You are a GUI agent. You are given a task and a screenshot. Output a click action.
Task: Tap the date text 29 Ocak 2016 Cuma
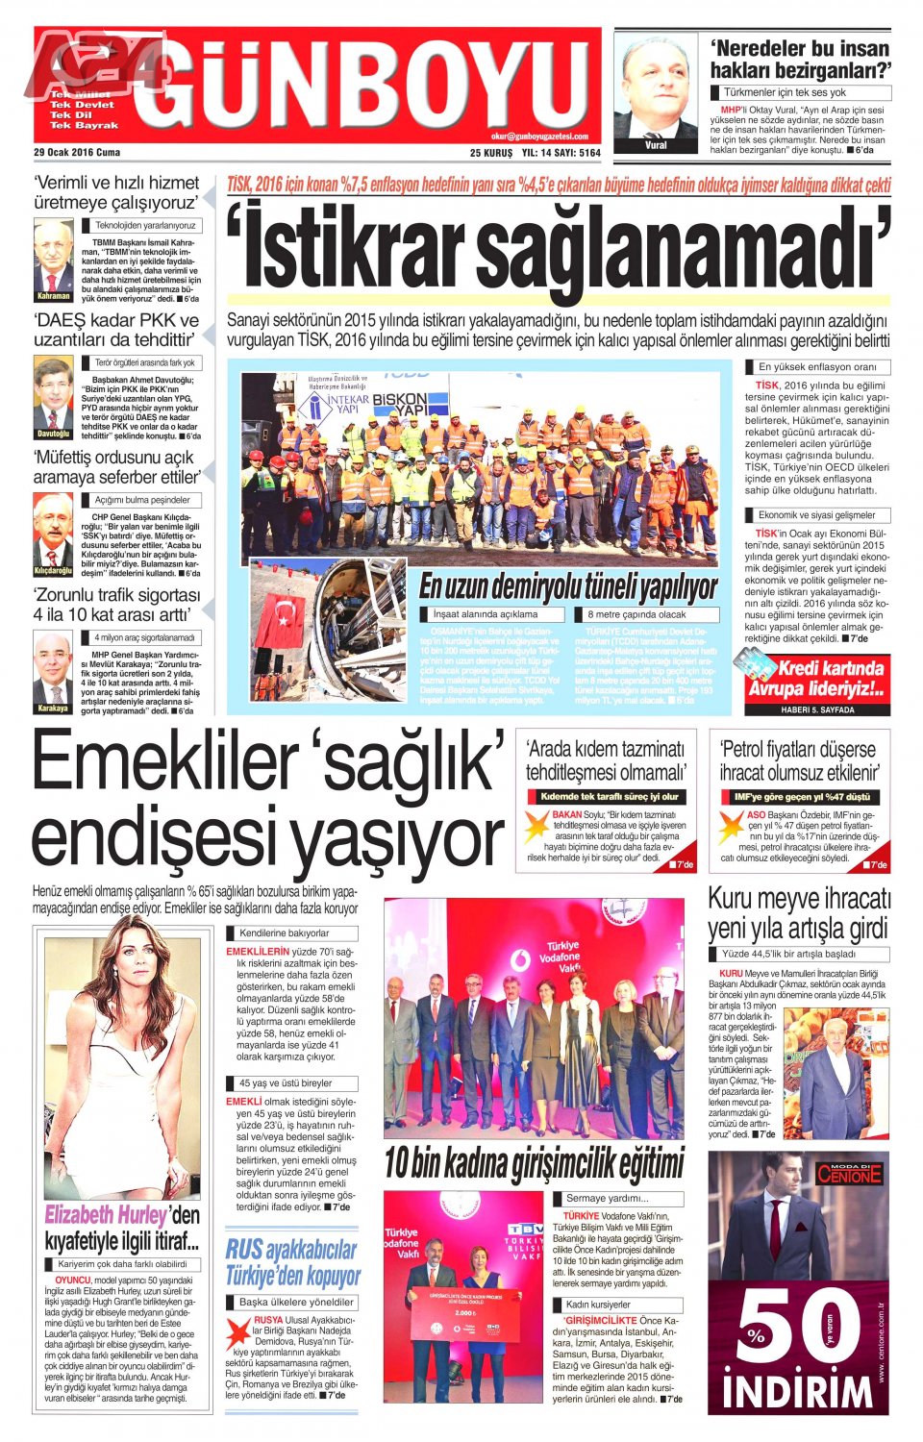[x=77, y=152]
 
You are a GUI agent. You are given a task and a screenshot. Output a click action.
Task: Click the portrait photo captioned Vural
[x=656, y=92]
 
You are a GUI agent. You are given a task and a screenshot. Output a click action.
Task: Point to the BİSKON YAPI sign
[x=399, y=405]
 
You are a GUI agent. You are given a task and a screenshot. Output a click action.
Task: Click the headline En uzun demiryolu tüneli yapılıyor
[x=568, y=586]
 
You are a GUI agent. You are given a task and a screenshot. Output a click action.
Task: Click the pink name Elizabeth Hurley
[x=106, y=1215]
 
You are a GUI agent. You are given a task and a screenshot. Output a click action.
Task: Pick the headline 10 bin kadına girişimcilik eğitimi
[x=534, y=1164]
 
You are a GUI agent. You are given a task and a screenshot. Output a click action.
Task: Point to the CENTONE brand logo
[x=849, y=1173]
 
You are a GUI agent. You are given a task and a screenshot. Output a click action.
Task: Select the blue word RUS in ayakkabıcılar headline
[x=244, y=1250]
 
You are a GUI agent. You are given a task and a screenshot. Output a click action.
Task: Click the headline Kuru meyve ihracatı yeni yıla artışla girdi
[x=799, y=913]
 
